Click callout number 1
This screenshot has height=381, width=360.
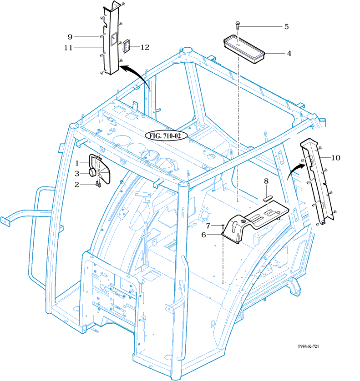[x=77, y=162]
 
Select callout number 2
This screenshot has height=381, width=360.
[x=77, y=184]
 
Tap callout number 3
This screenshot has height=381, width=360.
[x=77, y=173]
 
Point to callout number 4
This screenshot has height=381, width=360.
[x=289, y=53]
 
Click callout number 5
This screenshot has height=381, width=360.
[x=286, y=26]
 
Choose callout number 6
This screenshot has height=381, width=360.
[x=204, y=235]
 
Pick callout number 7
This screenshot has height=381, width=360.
[x=208, y=226]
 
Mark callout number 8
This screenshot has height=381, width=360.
[x=267, y=181]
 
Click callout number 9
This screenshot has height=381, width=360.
[x=70, y=36]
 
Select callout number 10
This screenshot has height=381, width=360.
[x=335, y=158]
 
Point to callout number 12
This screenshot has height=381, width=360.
[x=145, y=47]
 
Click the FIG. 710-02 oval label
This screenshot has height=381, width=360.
[x=163, y=135]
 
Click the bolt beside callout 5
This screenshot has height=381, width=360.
[x=238, y=26]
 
